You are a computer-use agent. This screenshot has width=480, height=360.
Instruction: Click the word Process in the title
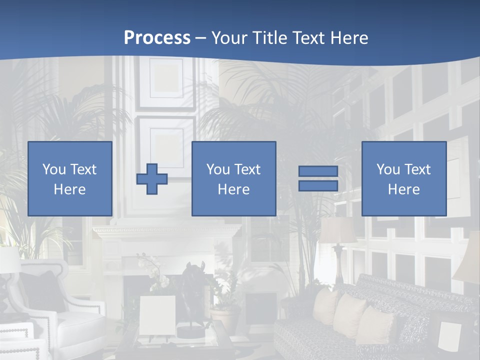pos(157,38)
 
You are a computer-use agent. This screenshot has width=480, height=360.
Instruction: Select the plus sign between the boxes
pos(152,179)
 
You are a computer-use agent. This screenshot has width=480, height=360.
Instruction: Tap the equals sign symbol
pos(318,178)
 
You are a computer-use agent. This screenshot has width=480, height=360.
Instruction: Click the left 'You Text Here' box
pos(70,178)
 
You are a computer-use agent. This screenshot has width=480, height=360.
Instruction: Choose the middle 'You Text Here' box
pos(233,178)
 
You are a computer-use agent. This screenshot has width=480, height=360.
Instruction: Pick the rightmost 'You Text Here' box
pos(403,178)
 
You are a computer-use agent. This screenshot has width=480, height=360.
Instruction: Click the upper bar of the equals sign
pos(318,171)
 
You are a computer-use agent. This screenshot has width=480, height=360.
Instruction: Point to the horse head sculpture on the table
pos(192,285)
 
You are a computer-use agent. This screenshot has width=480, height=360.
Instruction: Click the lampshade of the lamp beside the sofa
pos(338,230)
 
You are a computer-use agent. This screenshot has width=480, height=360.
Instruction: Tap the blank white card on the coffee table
pos(157,315)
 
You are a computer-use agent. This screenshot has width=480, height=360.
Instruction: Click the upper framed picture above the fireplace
pos(167,82)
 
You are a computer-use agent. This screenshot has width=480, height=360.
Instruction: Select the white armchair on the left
pos(70,310)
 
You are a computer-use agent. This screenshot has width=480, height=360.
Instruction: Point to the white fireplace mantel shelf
pos(167,231)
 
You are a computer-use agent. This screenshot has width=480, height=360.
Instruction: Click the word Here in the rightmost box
pos(403,189)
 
